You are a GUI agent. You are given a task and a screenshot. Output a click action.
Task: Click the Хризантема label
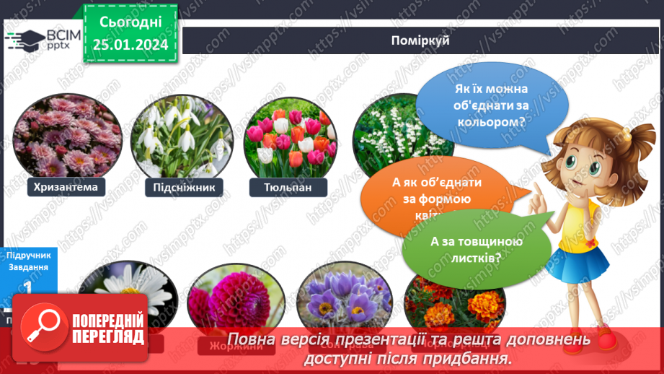coord(65,188)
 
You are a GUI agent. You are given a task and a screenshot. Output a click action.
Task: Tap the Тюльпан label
coord(288,188)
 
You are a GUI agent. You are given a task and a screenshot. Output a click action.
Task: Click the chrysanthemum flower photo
coord(66,137)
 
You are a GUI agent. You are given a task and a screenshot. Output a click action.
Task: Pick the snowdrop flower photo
coord(182,137)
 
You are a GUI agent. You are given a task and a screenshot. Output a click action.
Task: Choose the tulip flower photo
coord(291,137)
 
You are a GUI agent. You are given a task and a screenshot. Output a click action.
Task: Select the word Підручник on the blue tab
coord(29,255)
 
